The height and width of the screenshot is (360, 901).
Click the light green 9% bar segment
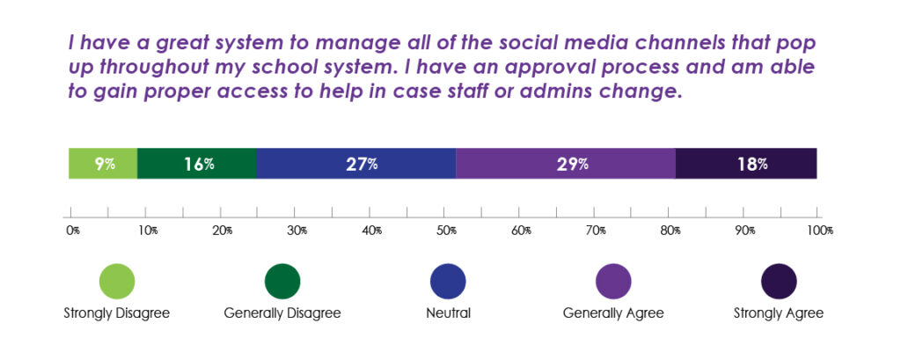[103, 163]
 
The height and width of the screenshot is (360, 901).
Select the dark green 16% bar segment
[197, 163]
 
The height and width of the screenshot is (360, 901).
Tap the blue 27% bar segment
[355, 163]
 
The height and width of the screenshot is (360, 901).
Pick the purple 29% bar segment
[565, 163]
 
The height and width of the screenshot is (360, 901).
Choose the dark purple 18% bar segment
[746, 163]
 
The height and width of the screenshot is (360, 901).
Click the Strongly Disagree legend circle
[116, 282]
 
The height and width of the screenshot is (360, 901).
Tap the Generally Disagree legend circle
[282, 282]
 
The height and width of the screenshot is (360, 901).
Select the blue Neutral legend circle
[448, 282]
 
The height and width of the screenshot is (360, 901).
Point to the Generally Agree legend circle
[613, 282]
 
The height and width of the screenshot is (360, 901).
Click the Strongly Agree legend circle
[778, 282]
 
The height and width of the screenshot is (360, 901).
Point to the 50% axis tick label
[447, 231]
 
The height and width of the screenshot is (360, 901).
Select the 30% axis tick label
[297, 231]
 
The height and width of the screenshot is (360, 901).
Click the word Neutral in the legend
[448, 313]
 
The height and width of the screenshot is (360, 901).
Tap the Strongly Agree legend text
[778, 313]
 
